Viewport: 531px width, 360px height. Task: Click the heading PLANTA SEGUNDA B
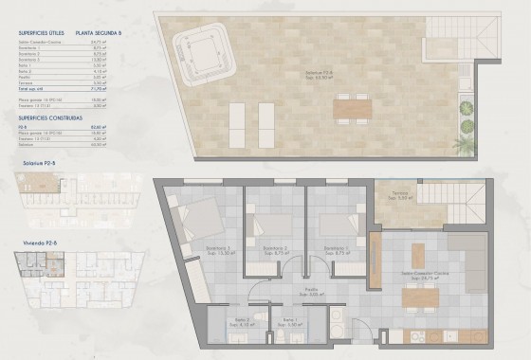pos(101,32)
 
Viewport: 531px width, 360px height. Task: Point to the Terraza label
pos(403,195)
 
